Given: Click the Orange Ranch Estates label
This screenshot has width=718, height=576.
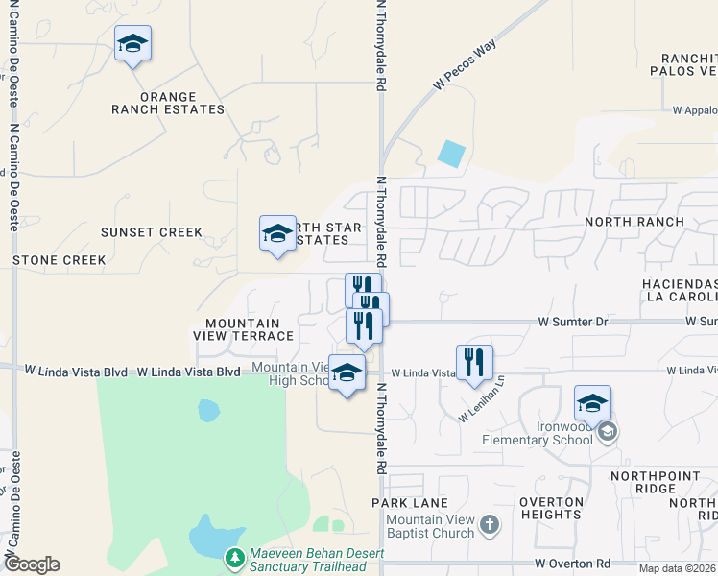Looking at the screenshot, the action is (168, 103).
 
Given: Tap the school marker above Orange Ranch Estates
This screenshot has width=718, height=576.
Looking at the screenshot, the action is (132, 44).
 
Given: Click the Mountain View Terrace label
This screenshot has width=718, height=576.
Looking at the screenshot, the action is (250, 330).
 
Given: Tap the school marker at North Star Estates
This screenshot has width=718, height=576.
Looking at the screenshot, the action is (277, 233).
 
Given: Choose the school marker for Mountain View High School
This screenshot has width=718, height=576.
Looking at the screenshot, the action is (347, 373).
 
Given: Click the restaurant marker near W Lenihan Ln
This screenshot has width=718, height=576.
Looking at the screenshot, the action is (474, 363).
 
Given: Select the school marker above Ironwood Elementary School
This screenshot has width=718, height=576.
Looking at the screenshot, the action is (592, 403).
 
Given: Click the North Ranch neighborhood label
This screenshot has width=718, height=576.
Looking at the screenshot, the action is (634, 222).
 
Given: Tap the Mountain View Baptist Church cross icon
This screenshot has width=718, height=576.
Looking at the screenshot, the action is (490, 524).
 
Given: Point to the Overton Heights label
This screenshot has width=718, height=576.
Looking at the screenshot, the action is (552, 508).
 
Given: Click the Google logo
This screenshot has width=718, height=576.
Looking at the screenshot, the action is (33, 564).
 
